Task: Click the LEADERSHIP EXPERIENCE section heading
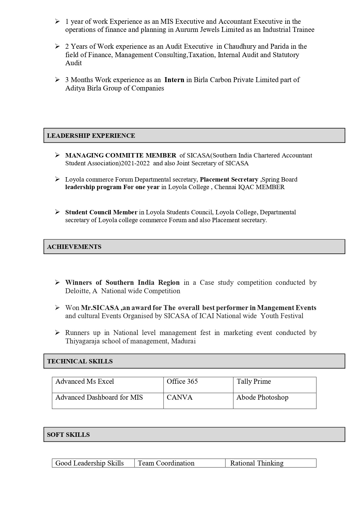91,136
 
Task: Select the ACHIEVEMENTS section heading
74,247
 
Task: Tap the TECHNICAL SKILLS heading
80,361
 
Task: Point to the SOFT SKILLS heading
68,435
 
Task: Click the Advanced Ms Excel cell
85,382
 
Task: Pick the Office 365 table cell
182,382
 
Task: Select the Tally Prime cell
254,382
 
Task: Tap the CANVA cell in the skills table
180,398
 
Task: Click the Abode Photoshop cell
263,398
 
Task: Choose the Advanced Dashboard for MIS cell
99,398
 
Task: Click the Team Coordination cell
166,463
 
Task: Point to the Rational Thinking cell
257,463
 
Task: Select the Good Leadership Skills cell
90,463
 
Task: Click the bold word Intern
174,80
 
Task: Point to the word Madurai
183,341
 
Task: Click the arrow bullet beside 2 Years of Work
57,46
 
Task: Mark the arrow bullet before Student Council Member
57,212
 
